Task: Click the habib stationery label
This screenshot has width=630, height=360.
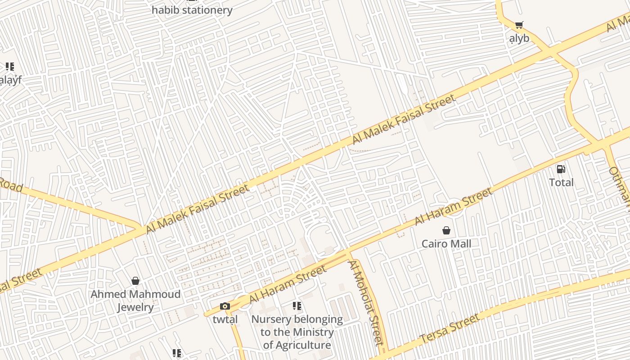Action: coord(192,10)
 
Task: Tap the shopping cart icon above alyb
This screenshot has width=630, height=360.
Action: coord(519,25)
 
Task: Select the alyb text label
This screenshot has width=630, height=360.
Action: coord(519,38)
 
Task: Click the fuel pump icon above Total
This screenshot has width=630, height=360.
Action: coord(561,169)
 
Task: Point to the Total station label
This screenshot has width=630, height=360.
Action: coord(561,182)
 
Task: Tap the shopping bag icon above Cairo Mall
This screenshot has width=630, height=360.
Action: coord(446,231)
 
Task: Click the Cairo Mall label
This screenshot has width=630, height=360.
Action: coord(446,244)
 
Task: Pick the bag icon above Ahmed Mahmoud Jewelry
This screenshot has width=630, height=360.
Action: coord(135,281)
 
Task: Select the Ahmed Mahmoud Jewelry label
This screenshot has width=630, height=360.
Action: coord(135,301)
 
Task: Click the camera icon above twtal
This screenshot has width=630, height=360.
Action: coord(225,306)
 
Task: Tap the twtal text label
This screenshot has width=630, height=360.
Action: coord(225,319)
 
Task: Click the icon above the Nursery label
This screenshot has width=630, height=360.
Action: coord(297,306)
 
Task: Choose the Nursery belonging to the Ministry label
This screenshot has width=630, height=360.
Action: coord(297,332)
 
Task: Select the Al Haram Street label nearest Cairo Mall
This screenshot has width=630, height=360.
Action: coord(453,207)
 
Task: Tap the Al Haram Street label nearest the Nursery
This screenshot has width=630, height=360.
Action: coord(287,284)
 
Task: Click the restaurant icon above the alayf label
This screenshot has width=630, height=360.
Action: coord(10,67)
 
